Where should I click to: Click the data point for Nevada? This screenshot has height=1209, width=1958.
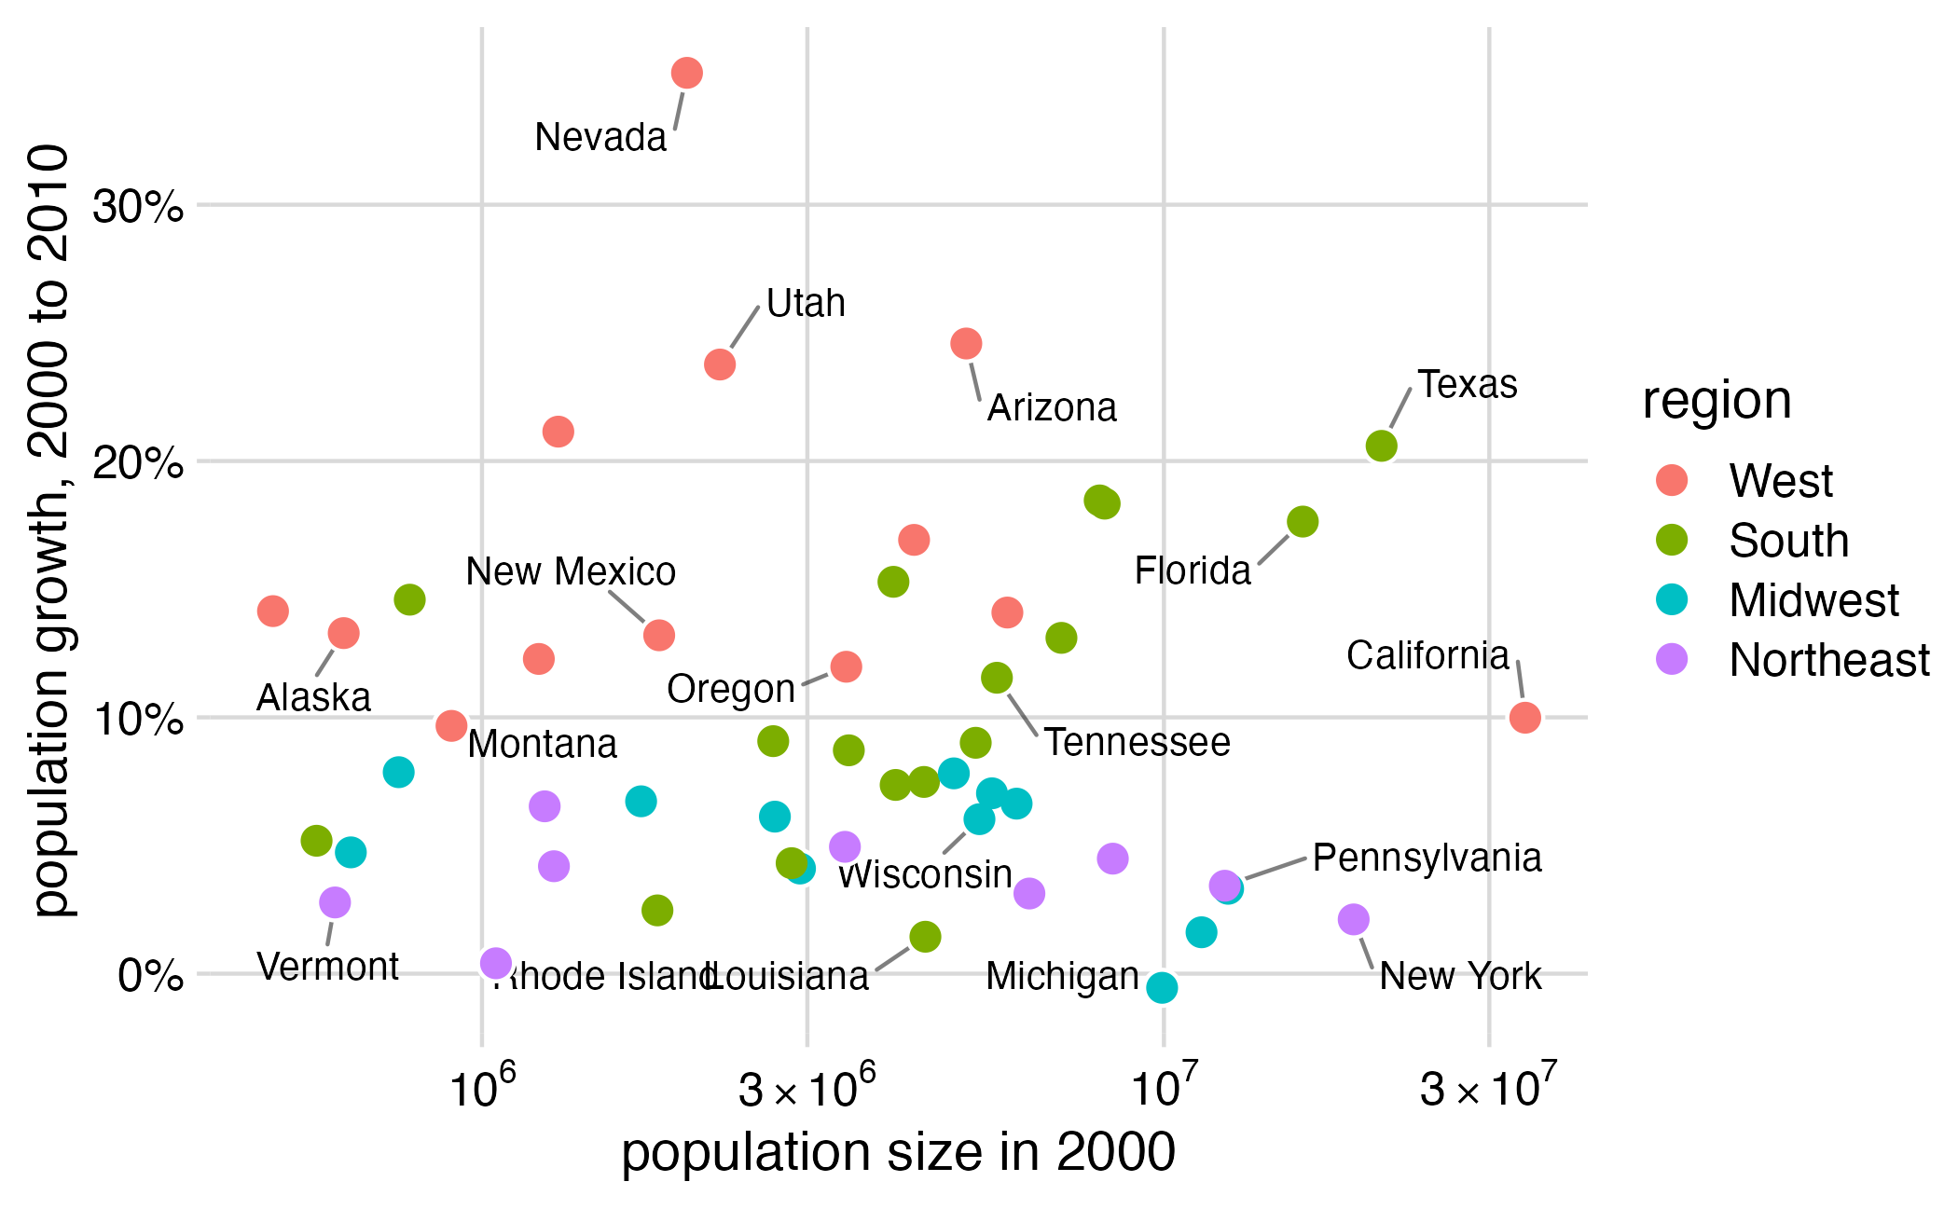(x=686, y=73)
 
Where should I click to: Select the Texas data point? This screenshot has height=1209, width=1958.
(x=1381, y=447)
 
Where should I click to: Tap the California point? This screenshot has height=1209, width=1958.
(x=1524, y=718)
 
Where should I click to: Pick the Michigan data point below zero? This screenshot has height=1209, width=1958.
(x=1162, y=987)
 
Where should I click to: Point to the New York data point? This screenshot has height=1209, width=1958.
(x=1353, y=920)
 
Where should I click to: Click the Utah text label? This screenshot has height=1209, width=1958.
(x=806, y=304)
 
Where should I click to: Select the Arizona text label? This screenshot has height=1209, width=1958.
(x=1052, y=408)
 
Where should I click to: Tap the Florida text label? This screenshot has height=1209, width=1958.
(x=1192, y=570)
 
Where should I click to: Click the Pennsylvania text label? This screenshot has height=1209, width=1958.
(x=1427, y=858)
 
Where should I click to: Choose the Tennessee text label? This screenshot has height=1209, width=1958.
(x=1137, y=743)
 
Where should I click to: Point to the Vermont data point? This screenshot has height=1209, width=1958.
(x=335, y=902)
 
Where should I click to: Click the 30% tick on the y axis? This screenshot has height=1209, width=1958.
(x=138, y=206)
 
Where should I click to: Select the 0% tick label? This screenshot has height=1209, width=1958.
(x=149, y=976)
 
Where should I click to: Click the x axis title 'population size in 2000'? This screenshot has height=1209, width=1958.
(x=898, y=1152)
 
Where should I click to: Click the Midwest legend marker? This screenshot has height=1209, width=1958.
(x=1672, y=599)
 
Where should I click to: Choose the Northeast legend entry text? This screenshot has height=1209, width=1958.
(x=1828, y=660)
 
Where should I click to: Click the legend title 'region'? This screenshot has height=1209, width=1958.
(x=1717, y=401)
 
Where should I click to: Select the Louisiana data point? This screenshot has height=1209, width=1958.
(x=924, y=937)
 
